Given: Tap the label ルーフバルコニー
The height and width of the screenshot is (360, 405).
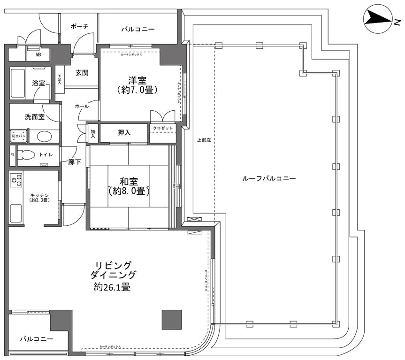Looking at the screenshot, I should coord(269,179).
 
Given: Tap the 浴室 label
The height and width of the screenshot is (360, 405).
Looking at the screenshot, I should coord(38,83).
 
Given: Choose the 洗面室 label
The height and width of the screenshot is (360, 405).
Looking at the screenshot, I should coord(34,116).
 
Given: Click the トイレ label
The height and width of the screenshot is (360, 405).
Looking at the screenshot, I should coord(46,153).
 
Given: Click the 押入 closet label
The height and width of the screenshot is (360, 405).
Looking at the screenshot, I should coord(124,133).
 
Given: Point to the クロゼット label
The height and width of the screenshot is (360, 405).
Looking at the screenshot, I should coord(163,128).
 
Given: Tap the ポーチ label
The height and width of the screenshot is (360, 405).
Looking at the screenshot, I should coord(79,27).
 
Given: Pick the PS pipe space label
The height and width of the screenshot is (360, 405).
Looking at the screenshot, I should coord(13,153).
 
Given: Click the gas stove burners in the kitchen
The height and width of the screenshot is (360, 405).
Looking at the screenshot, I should coord(16,179).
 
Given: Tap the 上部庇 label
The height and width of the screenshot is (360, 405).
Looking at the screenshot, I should coord(203,139).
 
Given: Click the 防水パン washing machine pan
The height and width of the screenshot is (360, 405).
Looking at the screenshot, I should coord(19,136).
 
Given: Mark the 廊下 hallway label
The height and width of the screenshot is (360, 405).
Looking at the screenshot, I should coord(75,162).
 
